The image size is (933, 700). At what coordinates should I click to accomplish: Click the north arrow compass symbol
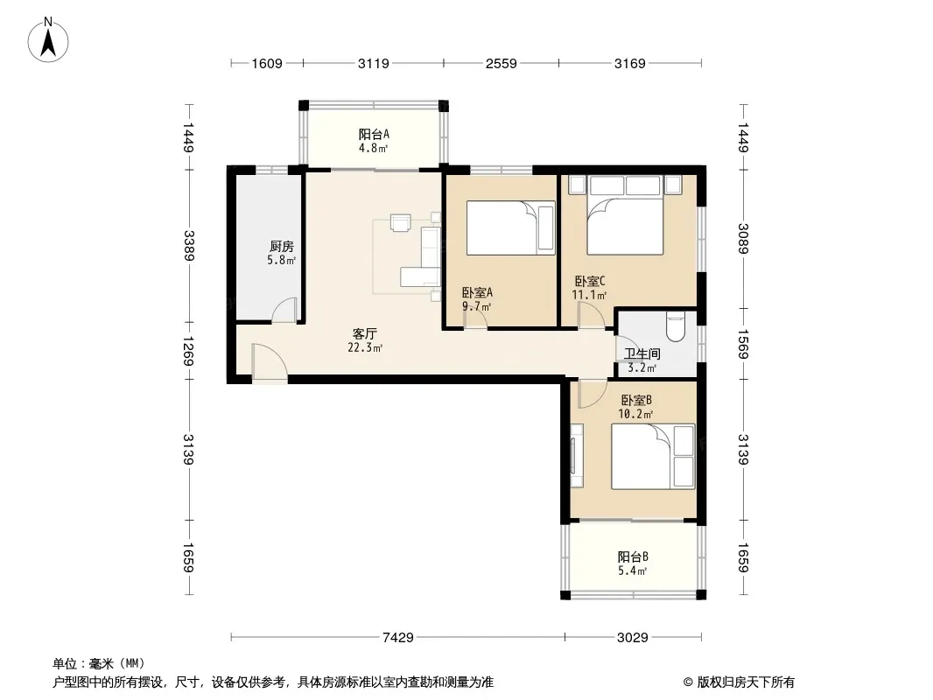click(x=48, y=40)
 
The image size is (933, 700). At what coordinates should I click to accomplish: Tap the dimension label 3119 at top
click(x=373, y=63)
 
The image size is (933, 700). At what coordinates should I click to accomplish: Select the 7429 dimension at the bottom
click(x=397, y=638)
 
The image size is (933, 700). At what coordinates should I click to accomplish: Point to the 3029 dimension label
click(x=632, y=638)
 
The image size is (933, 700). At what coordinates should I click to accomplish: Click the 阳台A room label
click(x=374, y=135)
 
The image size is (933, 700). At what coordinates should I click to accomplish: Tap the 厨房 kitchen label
click(x=282, y=246)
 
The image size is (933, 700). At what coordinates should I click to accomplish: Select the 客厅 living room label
click(x=364, y=333)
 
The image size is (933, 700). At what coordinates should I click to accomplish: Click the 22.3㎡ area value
click(x=365, y=347)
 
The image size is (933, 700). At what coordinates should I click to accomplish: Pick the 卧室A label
click(x=477, y=292)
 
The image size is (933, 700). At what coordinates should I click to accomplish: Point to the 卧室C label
click(x=590, y=281)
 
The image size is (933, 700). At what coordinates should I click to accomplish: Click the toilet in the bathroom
click(x=676, y=326)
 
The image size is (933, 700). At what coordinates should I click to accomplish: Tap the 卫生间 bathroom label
click(x=642, y=353)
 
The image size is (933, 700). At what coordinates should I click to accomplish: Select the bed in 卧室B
click(x=653, y=457)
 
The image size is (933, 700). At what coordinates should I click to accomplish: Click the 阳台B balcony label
click(x=633, y=557)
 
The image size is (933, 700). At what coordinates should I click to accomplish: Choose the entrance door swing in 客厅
click(x=269, y=362)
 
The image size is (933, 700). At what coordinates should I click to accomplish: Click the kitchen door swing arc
click(x=284, y=311)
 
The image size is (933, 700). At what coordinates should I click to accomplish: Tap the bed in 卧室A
click(x=510, y=228)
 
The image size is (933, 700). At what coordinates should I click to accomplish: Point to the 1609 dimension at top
click(x=267, y=63)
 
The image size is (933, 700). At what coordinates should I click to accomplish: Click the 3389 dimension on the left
click(x=189, y=245)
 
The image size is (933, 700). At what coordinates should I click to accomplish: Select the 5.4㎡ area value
click(x=632, y=571)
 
